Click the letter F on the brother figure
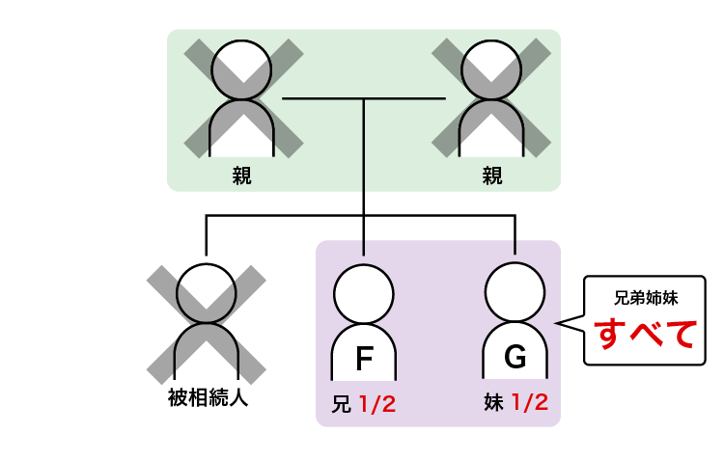click(x=363, y=360)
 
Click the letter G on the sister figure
click(x=515, y=360)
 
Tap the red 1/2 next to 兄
click(x=376, y=403)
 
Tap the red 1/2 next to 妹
click(x=529, y=403)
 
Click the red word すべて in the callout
click(x=647, y=334)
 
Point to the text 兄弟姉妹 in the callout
click(x=647, y=298)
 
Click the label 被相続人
click(x=208, y=397)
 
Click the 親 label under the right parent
click(x=492, y=176)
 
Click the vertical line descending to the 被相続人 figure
click(x=207, y=239)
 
